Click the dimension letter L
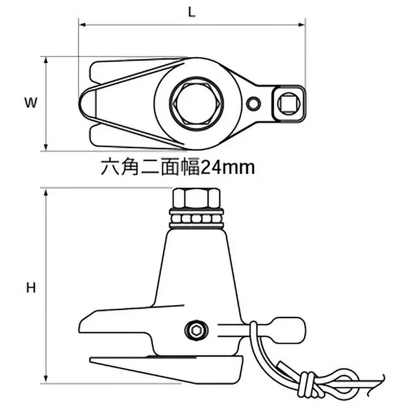tap(192, 12)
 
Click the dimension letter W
tap(31, 103)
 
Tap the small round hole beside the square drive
tap(253, 104)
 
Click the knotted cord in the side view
tap(305, 380)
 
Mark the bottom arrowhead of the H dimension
tap(46, 381)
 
